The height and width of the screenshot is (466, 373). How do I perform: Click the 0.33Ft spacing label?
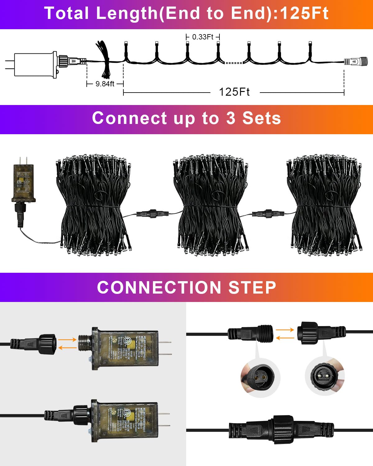click(203, 37)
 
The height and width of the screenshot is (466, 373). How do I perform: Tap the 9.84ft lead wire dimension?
click(105, 84)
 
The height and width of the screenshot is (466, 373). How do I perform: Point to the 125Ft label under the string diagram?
click(234, 92)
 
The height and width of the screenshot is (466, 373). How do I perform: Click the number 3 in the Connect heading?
click(231, 118)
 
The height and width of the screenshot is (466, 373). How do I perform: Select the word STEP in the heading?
click(252, 287)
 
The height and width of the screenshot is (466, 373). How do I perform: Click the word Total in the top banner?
click(67, 13)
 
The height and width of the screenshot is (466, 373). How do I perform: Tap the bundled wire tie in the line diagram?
click(104, 59)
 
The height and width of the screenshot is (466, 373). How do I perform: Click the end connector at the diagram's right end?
click(356, 61)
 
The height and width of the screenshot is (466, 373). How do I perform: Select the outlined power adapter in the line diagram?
click(36, 65)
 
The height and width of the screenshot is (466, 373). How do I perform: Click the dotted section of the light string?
click(233, 63)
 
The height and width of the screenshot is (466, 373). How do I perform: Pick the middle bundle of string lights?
click(211, 205)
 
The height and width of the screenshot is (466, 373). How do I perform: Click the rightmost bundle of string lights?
click(325, 205)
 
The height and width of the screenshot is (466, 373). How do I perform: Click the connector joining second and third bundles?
click(268, 214)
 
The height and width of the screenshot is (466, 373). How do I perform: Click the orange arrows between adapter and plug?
click(67, 344)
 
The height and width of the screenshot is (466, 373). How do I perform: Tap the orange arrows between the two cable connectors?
click(285, 334)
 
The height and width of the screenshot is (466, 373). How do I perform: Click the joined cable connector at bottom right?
click(281, 430)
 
